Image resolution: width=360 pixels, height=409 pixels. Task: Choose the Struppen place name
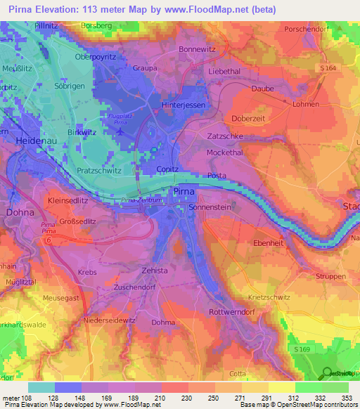pyautogui.click(x=330, y=277)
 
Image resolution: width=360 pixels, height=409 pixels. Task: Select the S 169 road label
pyautogui.click(x=301, y=349)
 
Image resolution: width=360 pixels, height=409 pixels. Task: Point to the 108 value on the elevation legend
pyautogui.click(x=28, y=398)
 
